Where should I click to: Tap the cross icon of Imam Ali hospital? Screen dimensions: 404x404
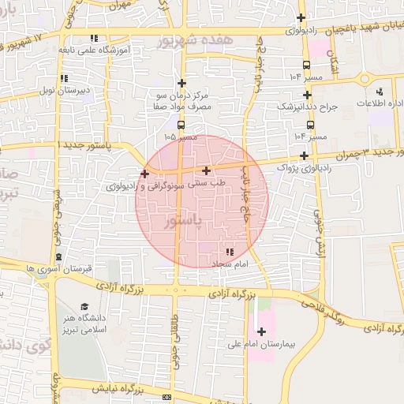[261, 331]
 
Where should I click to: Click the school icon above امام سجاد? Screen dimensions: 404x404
[230, 251]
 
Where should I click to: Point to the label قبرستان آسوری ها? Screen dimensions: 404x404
[59, 268]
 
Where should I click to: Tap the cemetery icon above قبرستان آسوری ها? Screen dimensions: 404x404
[59, 257]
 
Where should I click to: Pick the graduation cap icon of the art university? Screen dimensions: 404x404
[85, 307]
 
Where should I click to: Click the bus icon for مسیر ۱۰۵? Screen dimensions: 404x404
[181, 125]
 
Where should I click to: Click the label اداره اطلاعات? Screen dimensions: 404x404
[380, 103]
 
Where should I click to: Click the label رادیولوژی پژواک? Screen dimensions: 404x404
[306, 167]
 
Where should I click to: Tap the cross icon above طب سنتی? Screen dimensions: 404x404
[206, 170]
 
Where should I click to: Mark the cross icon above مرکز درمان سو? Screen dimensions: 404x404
[181, 83]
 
